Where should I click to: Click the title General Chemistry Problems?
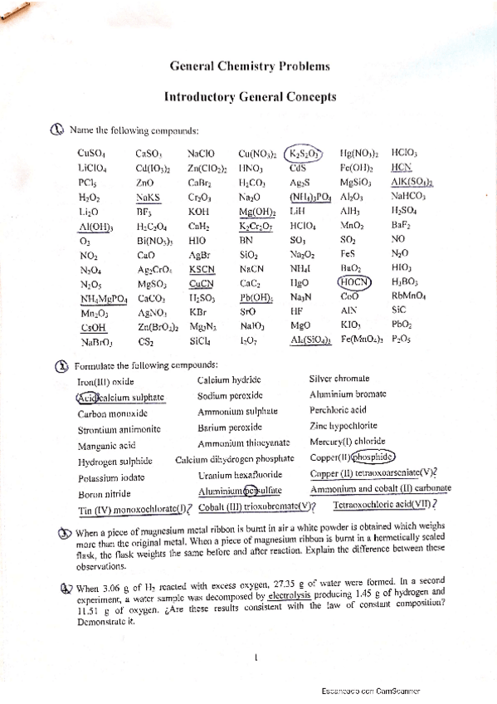249,66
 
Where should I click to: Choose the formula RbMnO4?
408,294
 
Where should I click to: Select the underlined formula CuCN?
201,282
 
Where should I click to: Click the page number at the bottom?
258,658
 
